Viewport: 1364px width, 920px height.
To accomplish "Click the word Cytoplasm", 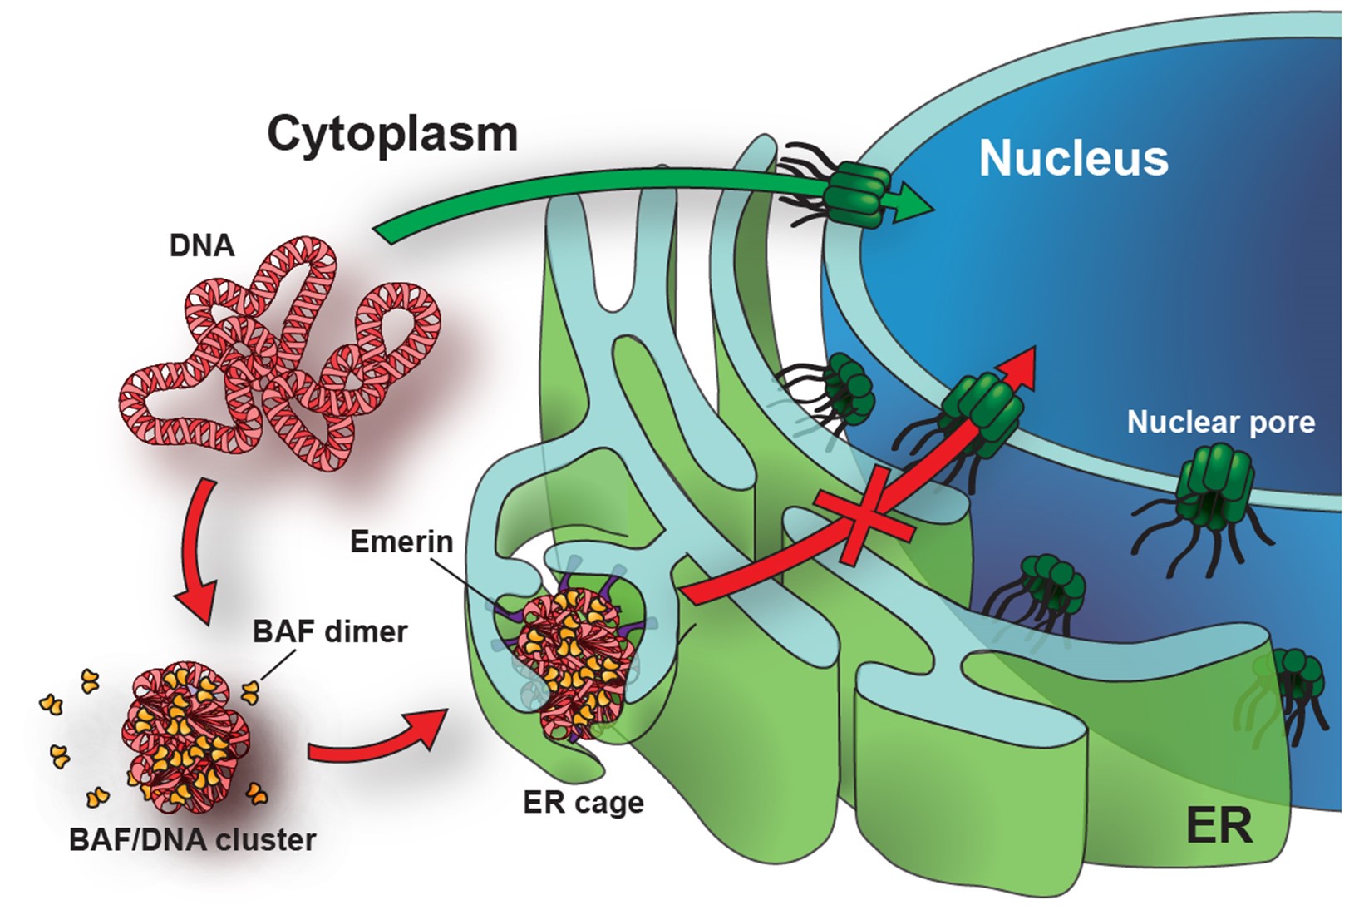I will [x=392, y=134].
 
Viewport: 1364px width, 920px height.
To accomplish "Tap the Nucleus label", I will [x=1073, y=158].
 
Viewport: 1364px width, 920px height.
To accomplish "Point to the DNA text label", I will [x=202, y=246].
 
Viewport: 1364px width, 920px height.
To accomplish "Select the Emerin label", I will [x=401, y=542].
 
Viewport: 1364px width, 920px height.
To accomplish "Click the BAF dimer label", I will [x=330, y=632].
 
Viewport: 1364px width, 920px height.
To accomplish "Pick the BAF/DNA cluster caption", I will [x=192, y=840].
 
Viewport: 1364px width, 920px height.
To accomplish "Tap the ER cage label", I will [x=584, y=803].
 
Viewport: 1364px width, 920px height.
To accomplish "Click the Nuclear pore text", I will [x=1220, y=423].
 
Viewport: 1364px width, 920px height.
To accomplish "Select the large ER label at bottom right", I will [x=1219, y=825].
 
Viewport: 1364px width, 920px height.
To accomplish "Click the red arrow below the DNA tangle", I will [x=198, y=553].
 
